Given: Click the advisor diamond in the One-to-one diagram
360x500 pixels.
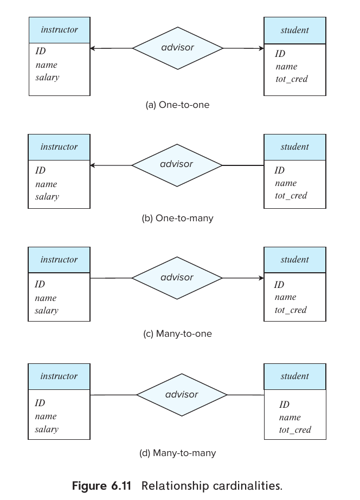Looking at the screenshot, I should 178,48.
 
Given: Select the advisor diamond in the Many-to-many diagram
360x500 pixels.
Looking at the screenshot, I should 182,394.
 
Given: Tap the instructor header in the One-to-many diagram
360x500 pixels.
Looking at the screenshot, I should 59,147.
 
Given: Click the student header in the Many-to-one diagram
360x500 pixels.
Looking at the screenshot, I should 295,260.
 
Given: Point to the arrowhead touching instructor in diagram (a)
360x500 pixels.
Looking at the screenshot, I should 93,48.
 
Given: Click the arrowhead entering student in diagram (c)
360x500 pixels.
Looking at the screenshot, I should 261,278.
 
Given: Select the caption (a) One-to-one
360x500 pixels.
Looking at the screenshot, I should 177,105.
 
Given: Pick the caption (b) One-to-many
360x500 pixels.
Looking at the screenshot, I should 177,219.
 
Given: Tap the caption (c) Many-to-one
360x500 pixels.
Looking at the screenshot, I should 177,334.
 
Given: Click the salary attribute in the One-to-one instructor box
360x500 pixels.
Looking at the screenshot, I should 47,78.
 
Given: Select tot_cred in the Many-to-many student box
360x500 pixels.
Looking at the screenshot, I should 295,430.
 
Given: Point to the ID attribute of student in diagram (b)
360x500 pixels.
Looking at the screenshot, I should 279,171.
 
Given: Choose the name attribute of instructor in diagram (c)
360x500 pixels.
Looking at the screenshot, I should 46,298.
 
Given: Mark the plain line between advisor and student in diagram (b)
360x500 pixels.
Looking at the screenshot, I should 243,165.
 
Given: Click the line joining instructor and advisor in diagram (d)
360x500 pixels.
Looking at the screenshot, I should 113,395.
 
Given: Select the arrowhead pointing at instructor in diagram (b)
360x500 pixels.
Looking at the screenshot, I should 93,165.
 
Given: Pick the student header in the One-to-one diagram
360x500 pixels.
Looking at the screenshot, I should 295,30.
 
